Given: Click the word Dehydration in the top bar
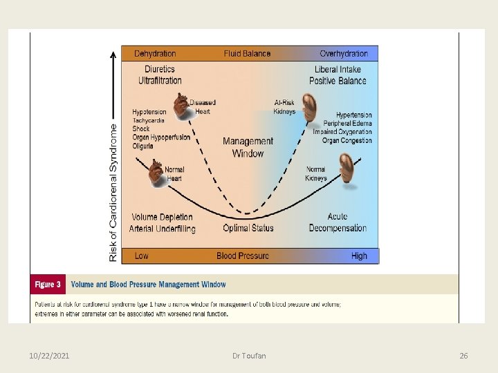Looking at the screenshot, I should click(155, 53).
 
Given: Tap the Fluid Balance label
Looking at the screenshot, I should click(248, 53).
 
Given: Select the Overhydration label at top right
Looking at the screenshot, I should click(344, 53).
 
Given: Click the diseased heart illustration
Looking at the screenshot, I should click(181, 106).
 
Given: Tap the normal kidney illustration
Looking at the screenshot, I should click(346, 169).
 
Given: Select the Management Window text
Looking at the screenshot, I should click(248, 147).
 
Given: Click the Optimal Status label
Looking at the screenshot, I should click(248, 228).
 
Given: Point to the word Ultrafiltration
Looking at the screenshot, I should click(160, 81).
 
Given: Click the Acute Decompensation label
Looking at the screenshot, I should click(338, 222).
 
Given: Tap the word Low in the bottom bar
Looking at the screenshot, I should click(142, 256).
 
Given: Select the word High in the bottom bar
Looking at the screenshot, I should click(359, 256).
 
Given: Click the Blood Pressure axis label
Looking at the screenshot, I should click(243, 256).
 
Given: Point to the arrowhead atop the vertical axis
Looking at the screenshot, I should click(113, 55).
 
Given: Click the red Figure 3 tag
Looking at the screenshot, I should click(48, 285).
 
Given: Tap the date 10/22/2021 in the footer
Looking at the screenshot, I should click(48, 356).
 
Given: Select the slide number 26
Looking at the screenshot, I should click(463, 356).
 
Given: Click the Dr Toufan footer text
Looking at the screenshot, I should click(249, 356).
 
